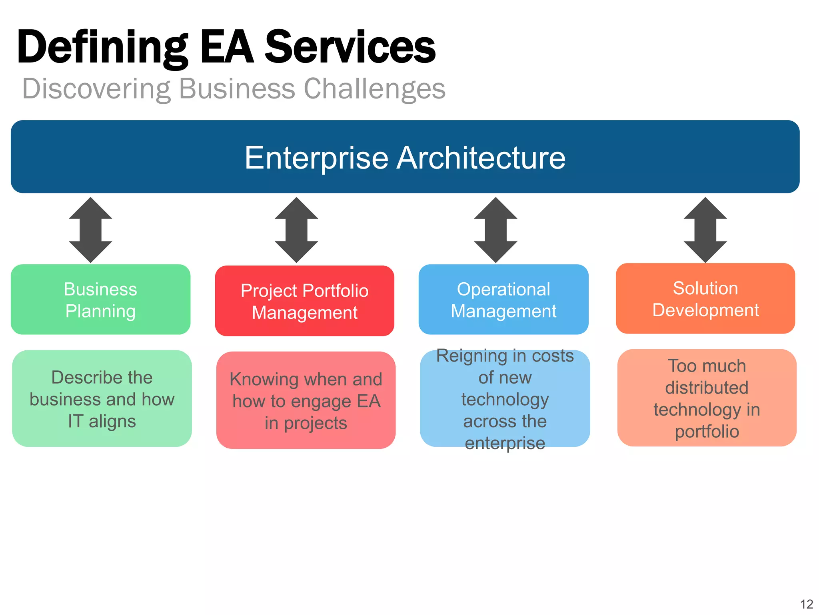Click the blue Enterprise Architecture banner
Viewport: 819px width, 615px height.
point(405,157)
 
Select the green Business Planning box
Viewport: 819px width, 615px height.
point(100,299)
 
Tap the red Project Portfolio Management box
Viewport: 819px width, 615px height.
point(304,301)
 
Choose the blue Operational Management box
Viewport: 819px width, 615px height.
point(503,299)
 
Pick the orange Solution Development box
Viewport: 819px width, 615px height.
point(705,299)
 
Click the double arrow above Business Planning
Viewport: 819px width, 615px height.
point(90,230)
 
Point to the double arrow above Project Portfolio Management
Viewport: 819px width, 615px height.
point(296,230)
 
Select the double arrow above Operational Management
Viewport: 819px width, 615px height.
point(495,230)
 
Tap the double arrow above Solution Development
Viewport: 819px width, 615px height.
point(705,230)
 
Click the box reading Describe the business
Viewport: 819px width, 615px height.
point(102,399)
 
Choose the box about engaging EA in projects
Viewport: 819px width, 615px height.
point(306,400)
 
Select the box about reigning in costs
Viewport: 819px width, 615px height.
point(505,399)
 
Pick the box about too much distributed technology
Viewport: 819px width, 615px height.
point(707,398)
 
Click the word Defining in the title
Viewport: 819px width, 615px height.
point(102,47)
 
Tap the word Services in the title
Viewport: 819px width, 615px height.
point(350,47)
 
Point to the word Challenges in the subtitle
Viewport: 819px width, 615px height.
point(374,89)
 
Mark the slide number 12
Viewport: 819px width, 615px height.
point(807,604)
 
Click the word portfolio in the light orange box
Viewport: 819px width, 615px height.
point(707,432)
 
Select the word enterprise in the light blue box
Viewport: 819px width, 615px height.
point(505,443)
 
